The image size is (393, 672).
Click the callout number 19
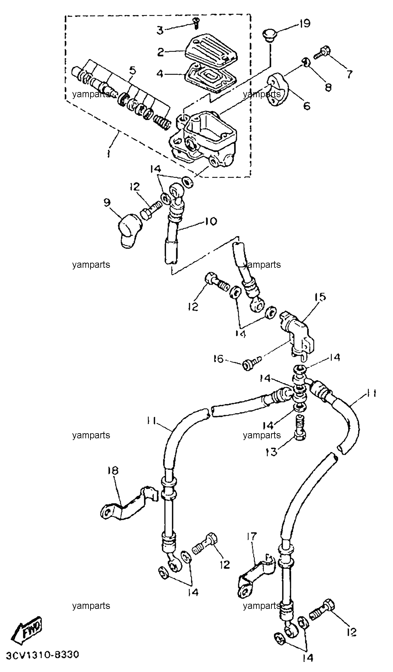pyautogui.click(x=305, y=24)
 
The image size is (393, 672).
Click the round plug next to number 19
pyautogui.click(x=269, y=35)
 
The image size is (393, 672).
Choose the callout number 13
pyautogui.click(x=272, y=452)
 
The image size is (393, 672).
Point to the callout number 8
pyautogui.click(x=328, y=88)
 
